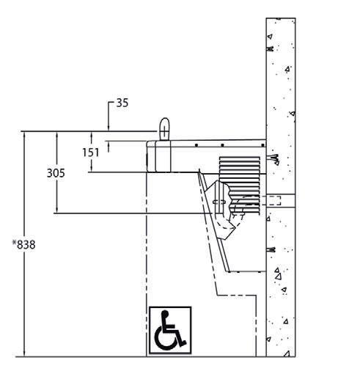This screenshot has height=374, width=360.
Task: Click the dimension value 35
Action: click(122, 103)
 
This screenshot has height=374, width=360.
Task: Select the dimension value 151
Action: click(91, 153)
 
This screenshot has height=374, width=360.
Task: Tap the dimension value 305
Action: click(56, 173)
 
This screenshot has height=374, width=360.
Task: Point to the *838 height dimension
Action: click(24, 245)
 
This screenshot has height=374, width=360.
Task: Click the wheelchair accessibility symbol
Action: click(170, 330)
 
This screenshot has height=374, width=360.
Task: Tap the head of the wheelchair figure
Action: click(165, 314)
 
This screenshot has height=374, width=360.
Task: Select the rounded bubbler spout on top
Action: click(164, 129)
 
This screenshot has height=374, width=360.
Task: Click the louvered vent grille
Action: click(240, 186)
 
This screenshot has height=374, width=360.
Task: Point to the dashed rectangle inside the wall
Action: click(273, 201)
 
